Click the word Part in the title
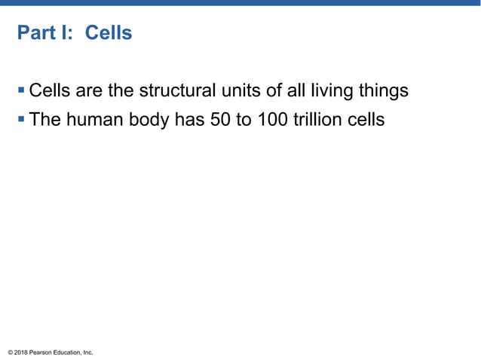(35, 33)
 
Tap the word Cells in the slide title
(109, 33)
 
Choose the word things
(381, 92)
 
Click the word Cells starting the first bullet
(51, 92)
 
